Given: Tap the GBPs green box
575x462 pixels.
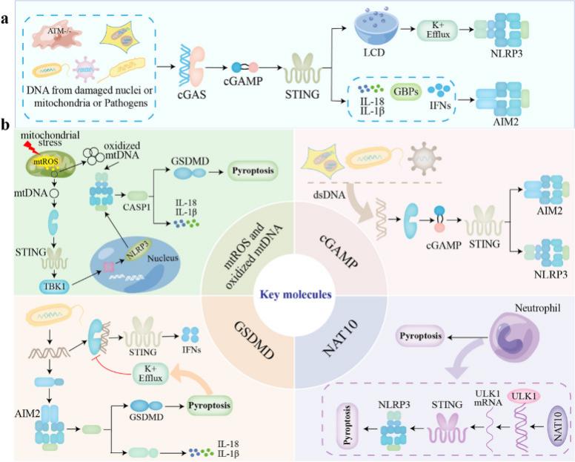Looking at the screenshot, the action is pos(406,92).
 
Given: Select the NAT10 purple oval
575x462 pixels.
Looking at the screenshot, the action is pos(557,426).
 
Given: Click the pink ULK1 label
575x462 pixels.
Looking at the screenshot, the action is pos(524,397).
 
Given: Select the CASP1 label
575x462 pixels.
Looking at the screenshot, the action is pos(136,207).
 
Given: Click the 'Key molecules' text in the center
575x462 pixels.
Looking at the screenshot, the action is pos(296,294).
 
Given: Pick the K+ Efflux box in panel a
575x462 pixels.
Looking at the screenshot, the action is pos(437,30).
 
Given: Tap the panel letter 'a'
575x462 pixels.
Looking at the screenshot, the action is pos(4,19).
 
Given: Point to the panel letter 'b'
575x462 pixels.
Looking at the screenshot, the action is pos(4,125).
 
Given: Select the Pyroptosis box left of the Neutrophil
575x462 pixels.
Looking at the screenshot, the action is pos(420,336).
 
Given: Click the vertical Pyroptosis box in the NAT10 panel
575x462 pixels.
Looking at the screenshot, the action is pos(348,425).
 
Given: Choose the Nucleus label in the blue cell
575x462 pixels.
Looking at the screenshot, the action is pos(163,258).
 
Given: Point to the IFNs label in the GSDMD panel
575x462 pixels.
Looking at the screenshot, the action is pos(191,350).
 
